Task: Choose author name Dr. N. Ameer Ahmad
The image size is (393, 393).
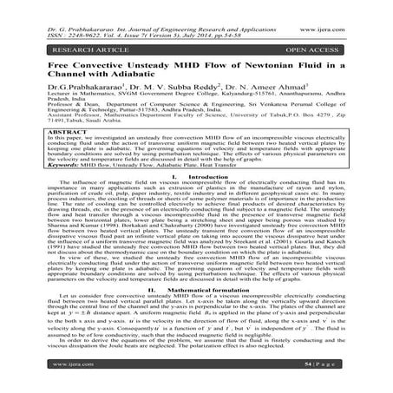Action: click(x=254, y=88)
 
